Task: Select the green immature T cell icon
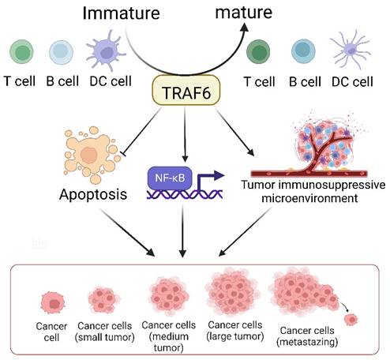(22, 53)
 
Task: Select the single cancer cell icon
(54, 302)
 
